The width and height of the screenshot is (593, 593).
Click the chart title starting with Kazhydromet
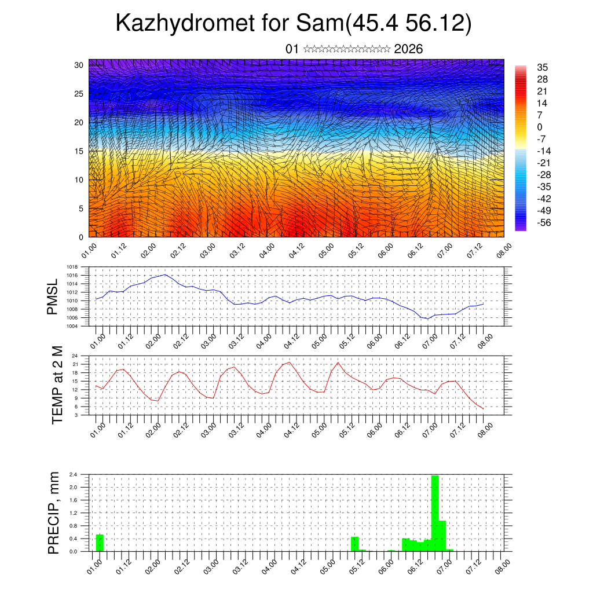[x=294, y=23]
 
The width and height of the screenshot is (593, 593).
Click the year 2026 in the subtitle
[x=408, y=49]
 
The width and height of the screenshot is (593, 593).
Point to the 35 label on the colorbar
[x=543, y=67]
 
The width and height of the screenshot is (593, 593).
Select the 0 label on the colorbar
[x=540, y=127]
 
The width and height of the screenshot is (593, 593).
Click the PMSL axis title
[x=53, y=296]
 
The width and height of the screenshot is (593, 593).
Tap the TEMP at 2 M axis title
[x=57, y=385]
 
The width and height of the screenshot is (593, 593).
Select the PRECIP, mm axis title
[x=54, y=513]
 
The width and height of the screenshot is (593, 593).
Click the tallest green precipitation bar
[x=435, y=513]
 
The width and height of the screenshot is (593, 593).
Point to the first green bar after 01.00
[x=100, y=543]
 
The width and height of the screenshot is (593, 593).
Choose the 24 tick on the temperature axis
[x=75, y=356]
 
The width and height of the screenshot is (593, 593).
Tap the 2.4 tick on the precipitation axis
[x=74, y=474]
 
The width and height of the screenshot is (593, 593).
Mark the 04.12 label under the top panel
[x=296, y=250]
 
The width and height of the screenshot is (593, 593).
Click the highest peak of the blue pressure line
[x=165, y=274]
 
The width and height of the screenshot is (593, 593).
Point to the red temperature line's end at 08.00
[x=483, y=409]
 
